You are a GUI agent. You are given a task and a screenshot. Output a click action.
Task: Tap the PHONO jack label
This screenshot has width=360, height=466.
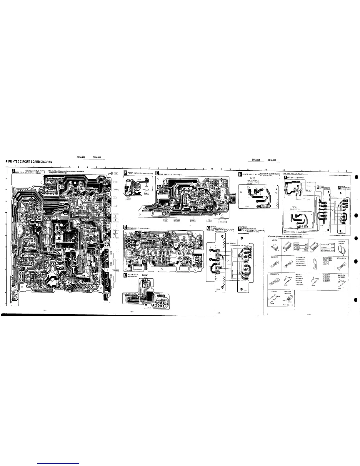(116, 182)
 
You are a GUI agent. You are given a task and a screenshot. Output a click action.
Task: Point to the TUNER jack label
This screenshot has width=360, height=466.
(115, 190)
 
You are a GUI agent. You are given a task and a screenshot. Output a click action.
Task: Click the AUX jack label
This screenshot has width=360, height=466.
(115, 206)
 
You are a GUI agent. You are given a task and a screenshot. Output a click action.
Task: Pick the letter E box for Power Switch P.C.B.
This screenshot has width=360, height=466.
(125, 173)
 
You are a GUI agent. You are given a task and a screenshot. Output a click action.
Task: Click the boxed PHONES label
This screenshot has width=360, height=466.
(128, 199)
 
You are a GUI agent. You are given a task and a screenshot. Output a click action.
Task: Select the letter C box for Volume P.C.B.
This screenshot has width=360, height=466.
(125, 275)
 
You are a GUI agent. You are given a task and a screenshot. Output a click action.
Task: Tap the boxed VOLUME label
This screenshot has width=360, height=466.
(146, 275)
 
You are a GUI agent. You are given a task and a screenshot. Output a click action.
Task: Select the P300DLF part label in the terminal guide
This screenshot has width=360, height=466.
(274, 291)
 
